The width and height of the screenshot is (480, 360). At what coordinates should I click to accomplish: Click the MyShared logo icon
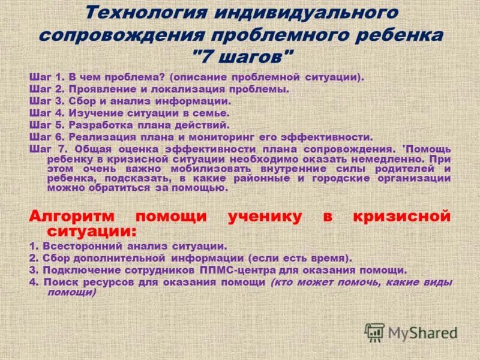(375, 332)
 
